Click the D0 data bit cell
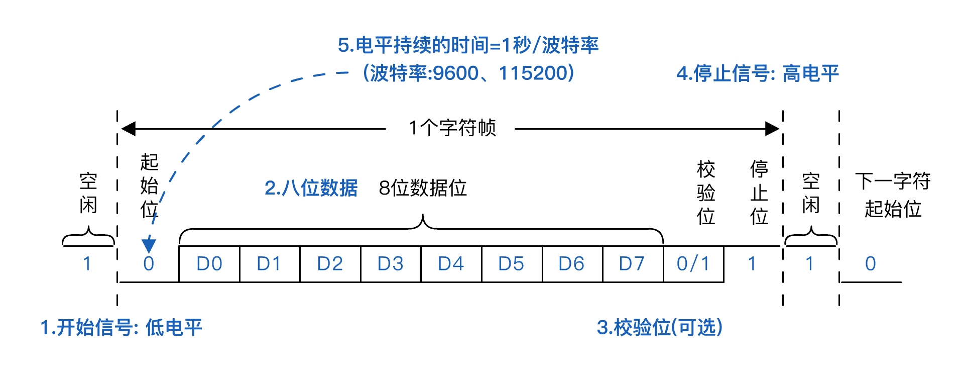click(209, 264)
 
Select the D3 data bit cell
click(390, 264)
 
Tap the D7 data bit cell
click(632, 264)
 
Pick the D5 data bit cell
click(511, 264)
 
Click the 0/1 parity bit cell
click(693, 264)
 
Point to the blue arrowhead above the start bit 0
click(149, 245)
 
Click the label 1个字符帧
click(452, 128)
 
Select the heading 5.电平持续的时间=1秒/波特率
click(468, 46)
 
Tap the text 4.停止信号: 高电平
click(757, 74)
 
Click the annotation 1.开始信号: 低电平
click(121, 328)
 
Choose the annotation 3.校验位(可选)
click(659, 328)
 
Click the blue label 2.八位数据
click(311, 188)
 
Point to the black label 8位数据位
click(423, 188)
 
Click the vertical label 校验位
click(706, 193)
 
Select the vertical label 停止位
click(759, 193)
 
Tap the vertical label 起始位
click(149, 185)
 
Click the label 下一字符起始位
click(893, 195)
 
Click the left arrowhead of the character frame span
click(129, 129)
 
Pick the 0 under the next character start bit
click(871, 264)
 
